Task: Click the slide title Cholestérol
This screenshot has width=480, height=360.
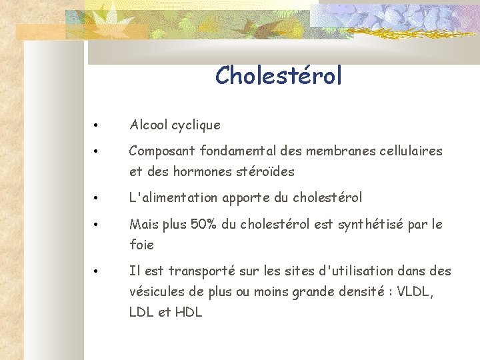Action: [x=278, y=75]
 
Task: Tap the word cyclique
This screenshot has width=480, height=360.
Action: [x=196, y=125]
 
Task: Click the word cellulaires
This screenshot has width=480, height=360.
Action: [x=411, y=151]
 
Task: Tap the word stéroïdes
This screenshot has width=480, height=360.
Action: [x=265, y=171]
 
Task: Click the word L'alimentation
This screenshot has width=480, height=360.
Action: [x=173, y=198]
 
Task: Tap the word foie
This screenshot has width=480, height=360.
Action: [x=141, y=245]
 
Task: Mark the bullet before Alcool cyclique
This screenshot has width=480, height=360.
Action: [x=97, y=125]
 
